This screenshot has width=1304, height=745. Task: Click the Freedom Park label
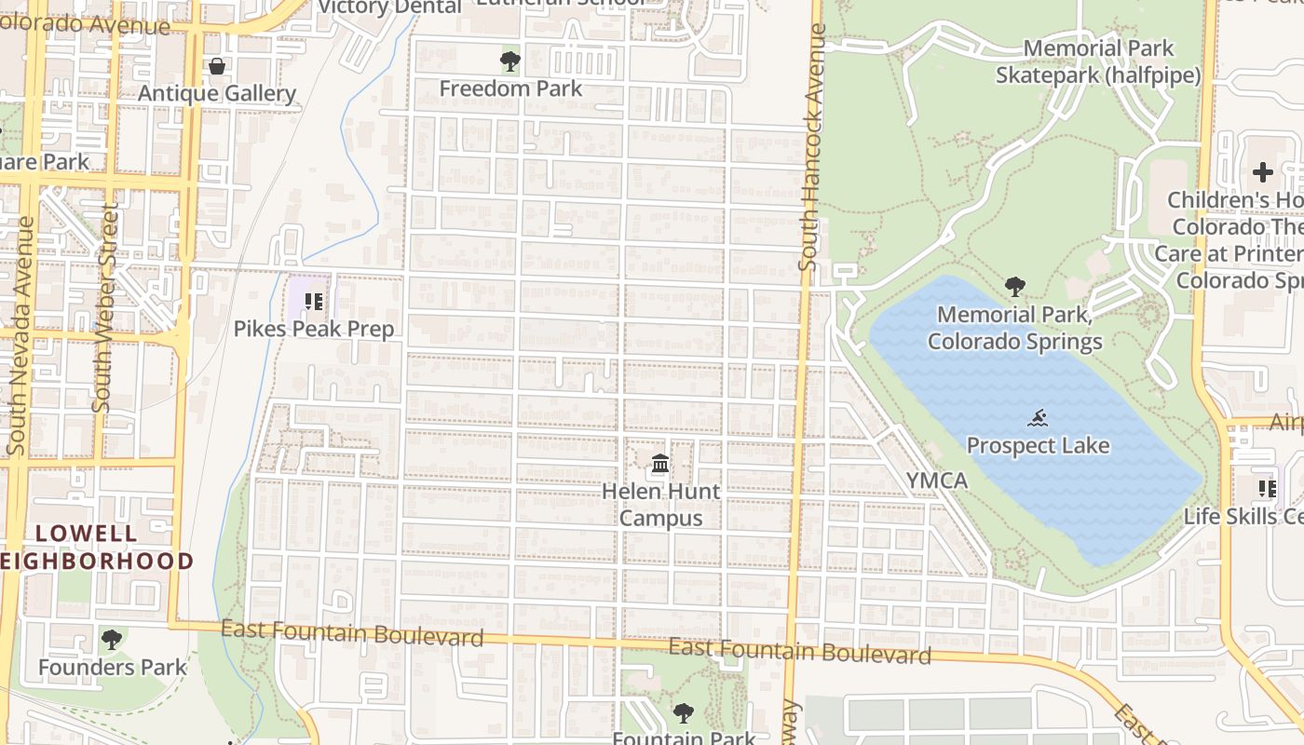point(510,88)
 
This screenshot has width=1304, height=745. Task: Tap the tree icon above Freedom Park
point(509,61)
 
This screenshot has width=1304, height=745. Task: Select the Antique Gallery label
point(217,93)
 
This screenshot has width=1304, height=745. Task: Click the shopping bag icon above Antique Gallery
point(217,66)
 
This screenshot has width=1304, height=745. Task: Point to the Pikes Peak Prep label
point(314,329)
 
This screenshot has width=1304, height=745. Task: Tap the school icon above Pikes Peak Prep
point(314,301)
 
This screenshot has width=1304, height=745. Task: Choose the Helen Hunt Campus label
point(660,504)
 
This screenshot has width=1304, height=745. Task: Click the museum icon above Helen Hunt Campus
point(660,463)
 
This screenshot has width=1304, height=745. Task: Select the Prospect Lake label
point(1038,445)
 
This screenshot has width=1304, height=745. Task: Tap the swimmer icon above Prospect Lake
point(1039,418)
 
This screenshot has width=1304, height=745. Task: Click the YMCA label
point(937,481)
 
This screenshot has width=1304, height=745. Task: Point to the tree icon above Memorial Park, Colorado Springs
point(1015,287)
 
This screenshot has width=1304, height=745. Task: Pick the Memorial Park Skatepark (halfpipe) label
point(1098,61)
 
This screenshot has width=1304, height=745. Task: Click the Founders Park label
point(113,667)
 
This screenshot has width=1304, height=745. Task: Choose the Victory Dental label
point(389,7)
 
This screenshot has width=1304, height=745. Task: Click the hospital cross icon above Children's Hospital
point(1262,172)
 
